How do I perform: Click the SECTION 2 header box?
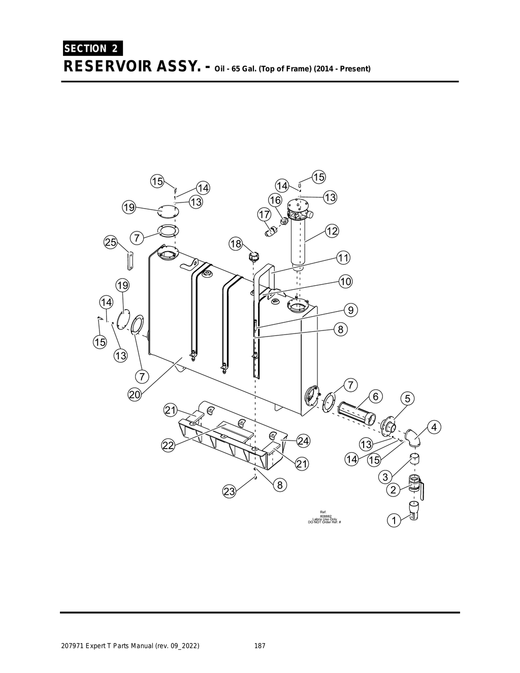[92, 48]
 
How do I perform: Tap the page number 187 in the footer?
[259, 646]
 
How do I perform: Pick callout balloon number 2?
[393, 490]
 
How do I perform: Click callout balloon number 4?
[434, 427]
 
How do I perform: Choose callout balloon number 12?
[332, 231]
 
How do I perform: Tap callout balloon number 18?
[236, 244]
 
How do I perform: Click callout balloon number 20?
[135, 395]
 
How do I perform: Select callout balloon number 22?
[168, 446]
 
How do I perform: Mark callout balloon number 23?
[230, 491]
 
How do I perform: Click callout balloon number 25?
[111, 242]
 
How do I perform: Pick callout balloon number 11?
[344, 258]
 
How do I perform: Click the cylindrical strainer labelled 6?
[357, 412]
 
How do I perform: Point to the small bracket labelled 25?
[129, 261]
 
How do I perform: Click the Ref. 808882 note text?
[324, 517]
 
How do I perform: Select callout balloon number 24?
[303, 441]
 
